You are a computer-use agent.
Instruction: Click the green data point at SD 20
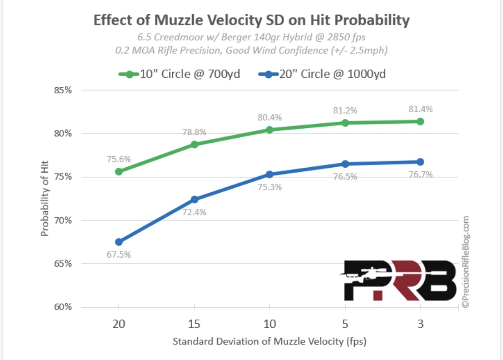tap(119, 172)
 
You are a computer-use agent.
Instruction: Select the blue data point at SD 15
tap(194, 199)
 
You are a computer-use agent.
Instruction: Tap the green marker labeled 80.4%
tap(270, 130)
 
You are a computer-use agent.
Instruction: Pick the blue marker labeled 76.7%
tap(420, 162)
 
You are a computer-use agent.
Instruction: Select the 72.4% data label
tap(194, 213)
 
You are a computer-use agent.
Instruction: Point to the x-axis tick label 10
tap(270, 324)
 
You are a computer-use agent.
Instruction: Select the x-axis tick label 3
tap(420, 324)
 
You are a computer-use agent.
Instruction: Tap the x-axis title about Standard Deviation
tap(269, 342)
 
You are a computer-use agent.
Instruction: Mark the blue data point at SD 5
tap(345, 164)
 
